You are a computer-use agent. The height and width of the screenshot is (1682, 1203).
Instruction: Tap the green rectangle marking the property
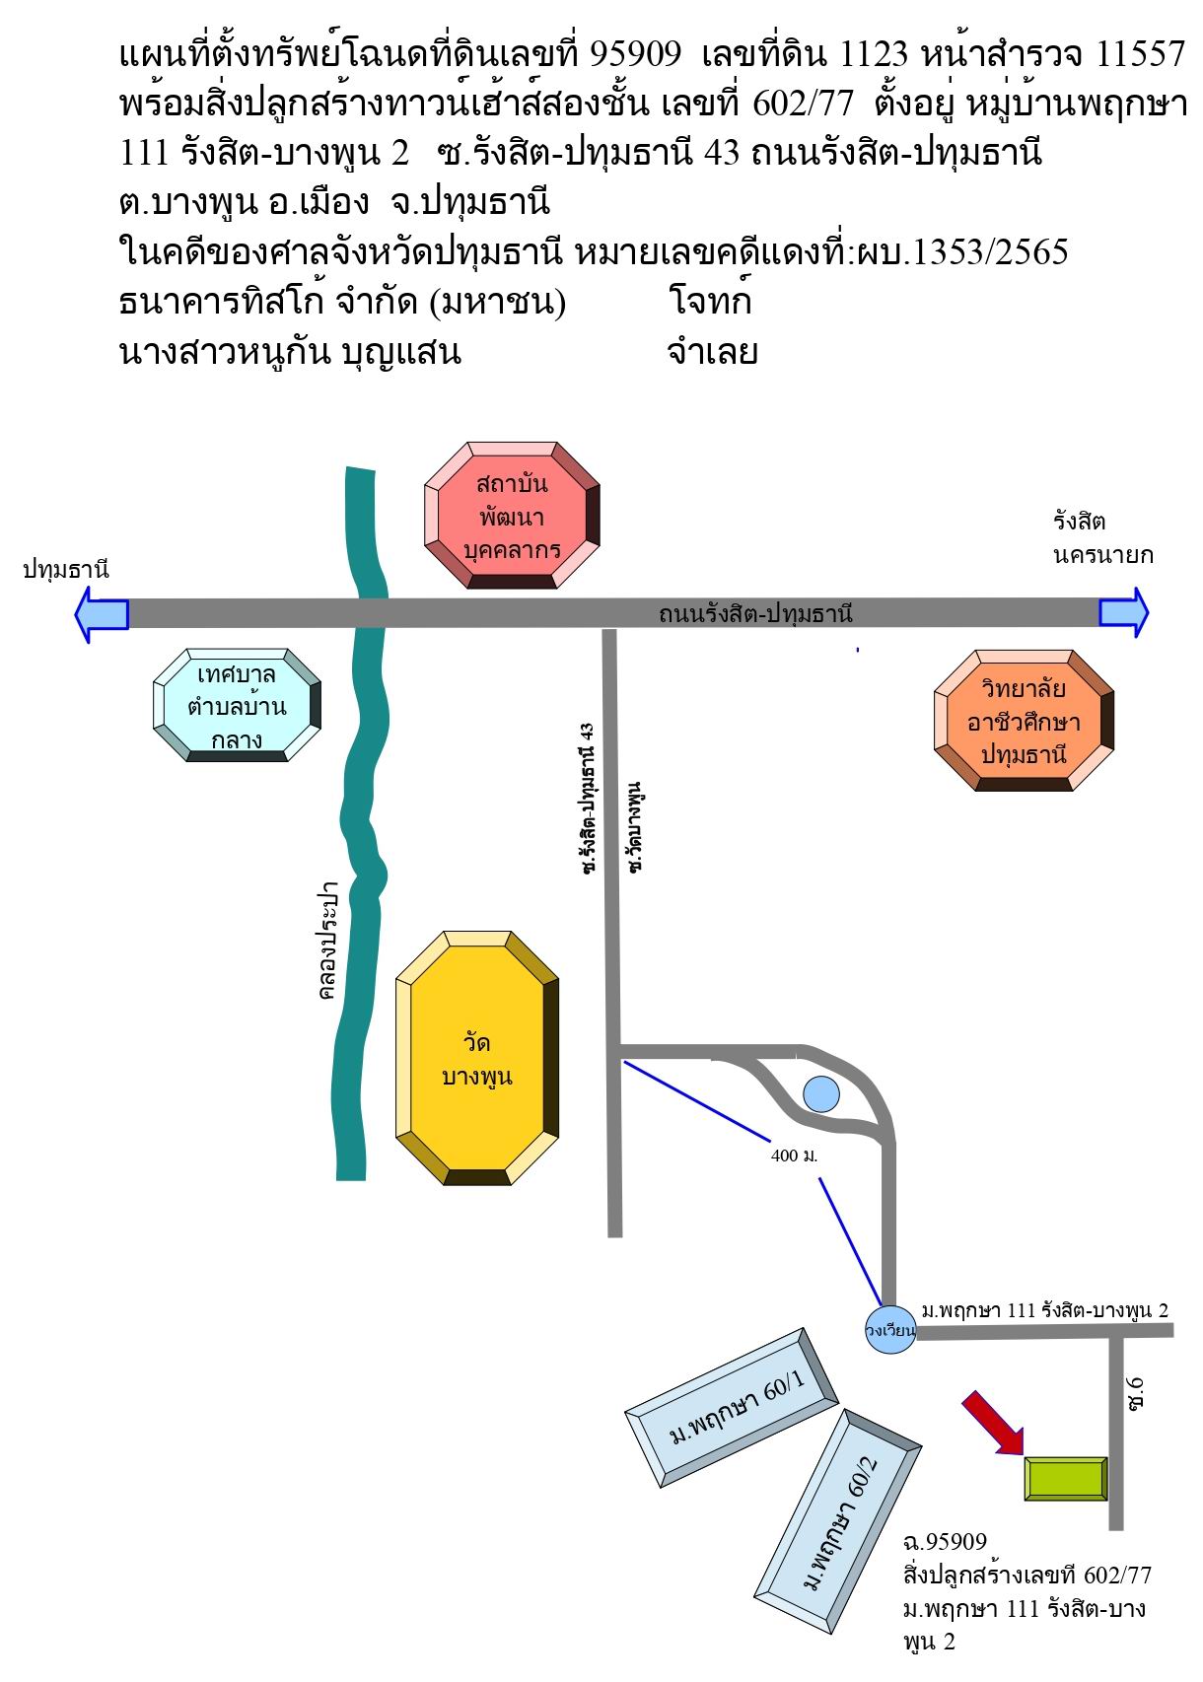click(x=1066, y=1479)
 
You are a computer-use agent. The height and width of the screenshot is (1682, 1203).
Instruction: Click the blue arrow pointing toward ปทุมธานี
click(x=102, y=614)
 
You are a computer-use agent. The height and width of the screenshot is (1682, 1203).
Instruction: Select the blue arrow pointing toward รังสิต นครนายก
click(x=1124, y=612)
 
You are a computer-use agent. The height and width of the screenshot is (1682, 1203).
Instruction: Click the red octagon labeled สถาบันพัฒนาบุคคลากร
click(x=512, y=515)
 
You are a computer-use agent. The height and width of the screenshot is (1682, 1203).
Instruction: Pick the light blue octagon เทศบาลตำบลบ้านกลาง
click(x=238, y=705)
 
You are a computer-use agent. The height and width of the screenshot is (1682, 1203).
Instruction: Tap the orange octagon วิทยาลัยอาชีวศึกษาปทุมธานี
click(x=1024, y=721)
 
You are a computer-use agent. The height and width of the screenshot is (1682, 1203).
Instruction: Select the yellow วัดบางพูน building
click(x=477, y=1058)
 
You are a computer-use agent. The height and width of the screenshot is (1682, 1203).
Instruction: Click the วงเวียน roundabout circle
click(x=890, y=1331)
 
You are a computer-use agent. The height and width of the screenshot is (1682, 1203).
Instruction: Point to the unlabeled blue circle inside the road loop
click(x=821, y=1093)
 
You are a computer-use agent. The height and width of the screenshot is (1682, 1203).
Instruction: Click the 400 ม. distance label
click(x=794, y=1156)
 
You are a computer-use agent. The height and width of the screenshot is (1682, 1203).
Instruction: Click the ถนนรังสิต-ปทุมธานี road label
click(x=755, y=614)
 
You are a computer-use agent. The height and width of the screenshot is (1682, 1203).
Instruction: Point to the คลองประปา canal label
click(x=328, y=941)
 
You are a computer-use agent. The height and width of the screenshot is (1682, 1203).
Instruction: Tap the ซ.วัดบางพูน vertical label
click(x=635, y=826)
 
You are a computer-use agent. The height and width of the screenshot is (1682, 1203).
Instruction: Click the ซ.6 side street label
click(x=1134, y=1394)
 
